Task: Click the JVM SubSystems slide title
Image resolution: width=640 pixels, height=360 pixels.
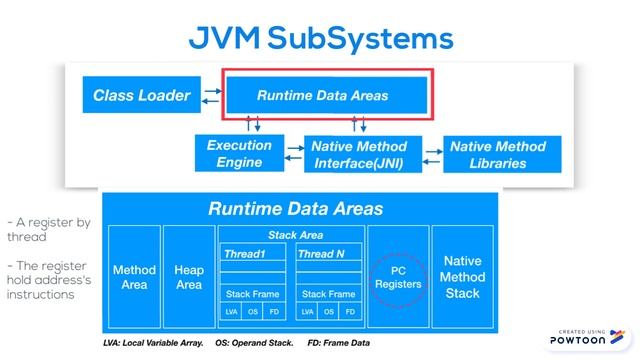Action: tap(320, 38)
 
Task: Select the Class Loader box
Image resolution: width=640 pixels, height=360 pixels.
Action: tap(141, 96)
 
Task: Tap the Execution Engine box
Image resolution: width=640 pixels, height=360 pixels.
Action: tap(239, 154)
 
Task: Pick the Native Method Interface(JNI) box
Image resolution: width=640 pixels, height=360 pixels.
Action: tap(358, 154)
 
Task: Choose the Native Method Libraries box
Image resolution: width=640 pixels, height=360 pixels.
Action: tap(497, 154)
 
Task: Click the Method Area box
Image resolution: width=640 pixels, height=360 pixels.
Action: tap(133, 277)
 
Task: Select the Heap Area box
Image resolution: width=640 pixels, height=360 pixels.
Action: tap(189, 277)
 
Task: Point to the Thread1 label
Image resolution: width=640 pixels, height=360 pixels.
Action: tap(245, 254)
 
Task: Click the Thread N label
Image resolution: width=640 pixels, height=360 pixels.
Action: tap(321, 254)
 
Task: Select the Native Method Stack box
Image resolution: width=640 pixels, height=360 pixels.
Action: tap(462, 277)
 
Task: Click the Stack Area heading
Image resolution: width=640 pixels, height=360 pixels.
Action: tap(292, 235)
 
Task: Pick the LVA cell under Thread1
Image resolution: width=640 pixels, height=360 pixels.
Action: tap(231, 312)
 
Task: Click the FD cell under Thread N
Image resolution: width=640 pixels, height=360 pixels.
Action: tap(350, 312)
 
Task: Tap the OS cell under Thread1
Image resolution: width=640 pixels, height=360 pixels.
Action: tap(254, 312)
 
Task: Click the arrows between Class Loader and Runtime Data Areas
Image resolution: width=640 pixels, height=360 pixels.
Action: tap(211, 96)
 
